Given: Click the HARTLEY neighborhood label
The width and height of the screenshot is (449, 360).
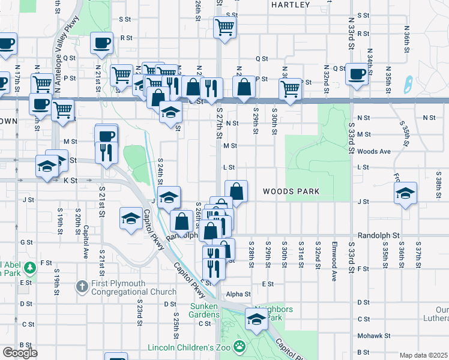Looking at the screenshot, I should (291, 5).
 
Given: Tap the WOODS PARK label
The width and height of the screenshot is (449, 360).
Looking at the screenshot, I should (291, 192).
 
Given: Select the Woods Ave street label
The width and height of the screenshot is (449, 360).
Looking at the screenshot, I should (374, 152).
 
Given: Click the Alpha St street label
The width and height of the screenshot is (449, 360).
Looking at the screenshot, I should (238, 295).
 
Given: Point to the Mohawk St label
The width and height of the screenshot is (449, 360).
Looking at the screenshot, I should (374, 336).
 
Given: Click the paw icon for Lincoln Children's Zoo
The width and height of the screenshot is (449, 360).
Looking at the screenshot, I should (240, 346).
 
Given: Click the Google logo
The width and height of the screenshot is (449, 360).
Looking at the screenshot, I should (20, 352).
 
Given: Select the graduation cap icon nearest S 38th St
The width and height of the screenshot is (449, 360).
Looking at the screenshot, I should (406, 193).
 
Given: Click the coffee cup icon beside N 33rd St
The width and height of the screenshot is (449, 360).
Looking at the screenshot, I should (358, 74).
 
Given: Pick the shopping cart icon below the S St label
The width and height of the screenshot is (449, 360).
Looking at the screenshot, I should (224, 26).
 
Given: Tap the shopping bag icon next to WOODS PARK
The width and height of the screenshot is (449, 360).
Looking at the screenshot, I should (237, 191).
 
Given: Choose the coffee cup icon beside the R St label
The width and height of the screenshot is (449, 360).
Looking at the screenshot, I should (101, 43).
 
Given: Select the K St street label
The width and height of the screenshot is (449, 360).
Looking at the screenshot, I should (71, 180).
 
